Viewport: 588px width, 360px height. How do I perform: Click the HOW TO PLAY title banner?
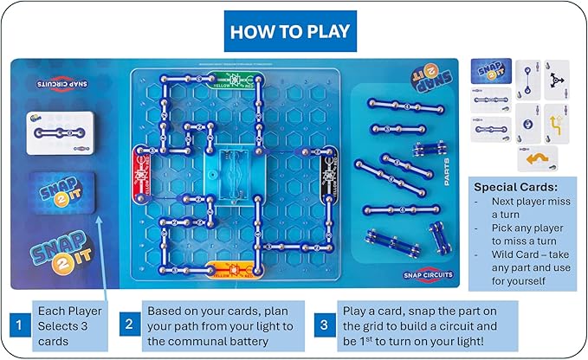tap(289, 31)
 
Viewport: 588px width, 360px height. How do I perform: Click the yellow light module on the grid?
tap(233, 267)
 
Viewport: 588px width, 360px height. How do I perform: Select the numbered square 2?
tap(127, 325)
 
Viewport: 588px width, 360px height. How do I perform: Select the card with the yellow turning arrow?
tap(555, 124)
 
